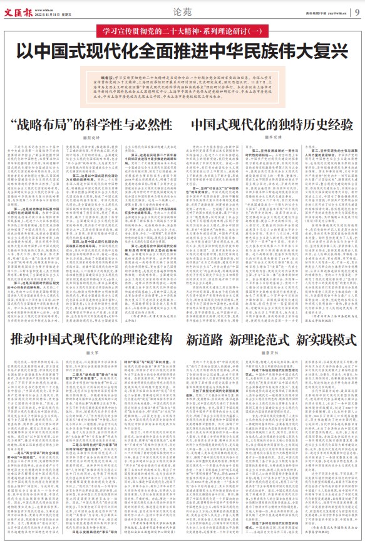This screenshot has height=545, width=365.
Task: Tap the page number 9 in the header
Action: click(356, 11)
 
